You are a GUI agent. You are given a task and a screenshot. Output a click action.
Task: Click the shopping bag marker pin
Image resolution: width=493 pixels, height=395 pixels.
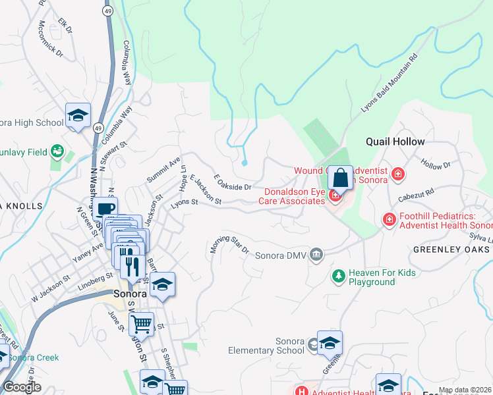pyautogui.click(x=340, y=178)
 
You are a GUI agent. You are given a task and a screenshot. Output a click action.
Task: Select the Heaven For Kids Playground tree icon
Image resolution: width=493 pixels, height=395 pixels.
pyautogui.click(x=338, y=275)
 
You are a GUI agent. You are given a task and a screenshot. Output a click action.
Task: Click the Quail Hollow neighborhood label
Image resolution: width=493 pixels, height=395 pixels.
pyautogui.click(x=395, y=142)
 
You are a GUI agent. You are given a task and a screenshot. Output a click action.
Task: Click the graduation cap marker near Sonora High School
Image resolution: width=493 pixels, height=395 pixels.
pyautogui.click(x=78, y=116)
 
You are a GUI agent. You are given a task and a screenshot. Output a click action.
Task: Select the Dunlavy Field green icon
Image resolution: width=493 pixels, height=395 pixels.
pyautogui.click(x=57, y=152)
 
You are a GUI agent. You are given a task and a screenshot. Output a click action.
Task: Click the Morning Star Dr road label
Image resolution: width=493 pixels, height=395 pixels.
pyautogui.click(x=229, y=244)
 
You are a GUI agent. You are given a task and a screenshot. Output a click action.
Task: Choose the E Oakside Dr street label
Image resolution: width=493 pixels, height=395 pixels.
pyautogui.click(x=233, y=182)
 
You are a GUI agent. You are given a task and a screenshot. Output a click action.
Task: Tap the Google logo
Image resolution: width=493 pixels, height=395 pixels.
pyautogui.click(x=22, y=387)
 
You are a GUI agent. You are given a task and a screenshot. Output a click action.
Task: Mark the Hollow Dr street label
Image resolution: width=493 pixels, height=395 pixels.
pyautogui.click(x=435, y=165)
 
